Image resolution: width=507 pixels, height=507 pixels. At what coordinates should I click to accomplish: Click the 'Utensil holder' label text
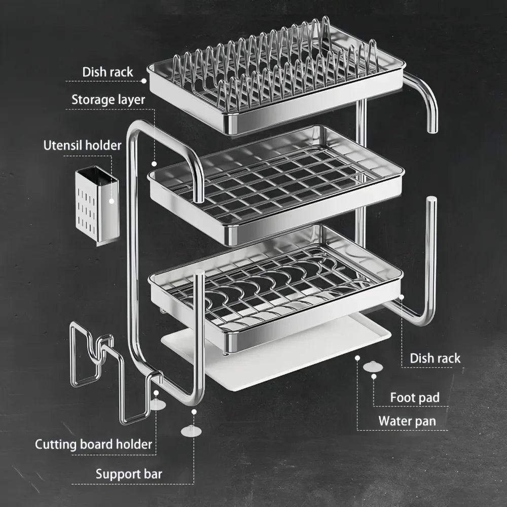(82, 146)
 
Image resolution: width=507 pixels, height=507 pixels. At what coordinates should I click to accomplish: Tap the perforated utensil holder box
(96, 205)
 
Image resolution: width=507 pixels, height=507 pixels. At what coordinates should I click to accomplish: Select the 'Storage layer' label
(108, 99)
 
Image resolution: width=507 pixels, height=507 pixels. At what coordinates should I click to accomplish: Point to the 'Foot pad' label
(414, 397)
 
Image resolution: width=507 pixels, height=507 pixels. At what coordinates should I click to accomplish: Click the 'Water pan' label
(407, 421)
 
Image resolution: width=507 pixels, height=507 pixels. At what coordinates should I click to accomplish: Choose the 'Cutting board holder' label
(93, 445)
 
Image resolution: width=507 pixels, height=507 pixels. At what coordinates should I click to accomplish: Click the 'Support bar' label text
(129, 474)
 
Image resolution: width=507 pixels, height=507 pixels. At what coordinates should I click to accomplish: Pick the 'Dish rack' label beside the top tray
(107, 72)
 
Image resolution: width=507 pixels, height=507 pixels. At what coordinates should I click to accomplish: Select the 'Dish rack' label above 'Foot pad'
(435, 358)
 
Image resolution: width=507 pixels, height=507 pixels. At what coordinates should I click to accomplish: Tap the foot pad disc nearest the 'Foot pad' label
(373, 366)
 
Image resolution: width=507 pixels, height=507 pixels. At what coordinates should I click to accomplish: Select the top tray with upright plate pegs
(276, 81)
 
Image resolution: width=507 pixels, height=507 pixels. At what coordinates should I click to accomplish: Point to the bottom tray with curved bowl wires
(276, 289)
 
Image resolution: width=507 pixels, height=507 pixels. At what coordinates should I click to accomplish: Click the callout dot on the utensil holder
(112, 201)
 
